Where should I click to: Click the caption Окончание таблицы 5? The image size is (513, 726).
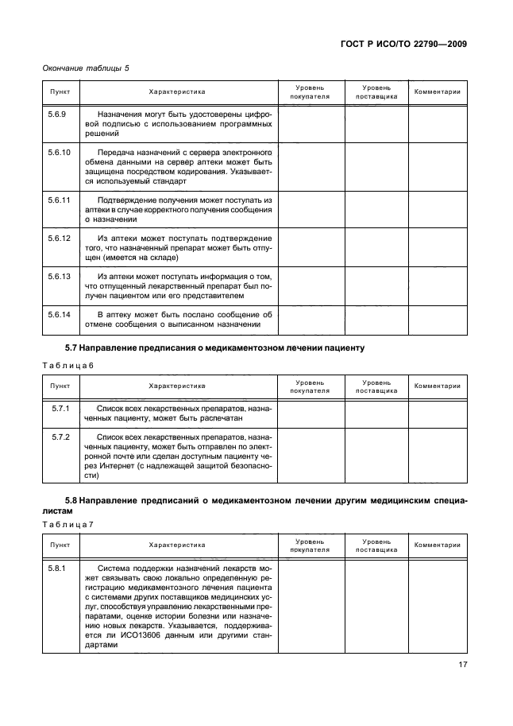pyautogui.click(x=86, y=68)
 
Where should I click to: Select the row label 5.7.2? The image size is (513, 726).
pyautogui.click(x=61, y=437)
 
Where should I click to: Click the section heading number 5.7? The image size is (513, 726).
pyautogui.click(x=73, y=348)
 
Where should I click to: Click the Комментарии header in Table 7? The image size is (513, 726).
pyautogui.click(x=437, y=545)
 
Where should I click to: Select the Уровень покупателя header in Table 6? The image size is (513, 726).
pyautogui.click(x=310, y=386)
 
